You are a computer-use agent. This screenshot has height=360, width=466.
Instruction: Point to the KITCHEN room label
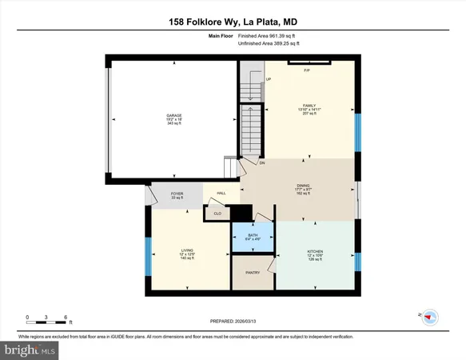(x=315, y=251)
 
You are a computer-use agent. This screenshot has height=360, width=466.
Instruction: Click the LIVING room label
(x=186, y=250)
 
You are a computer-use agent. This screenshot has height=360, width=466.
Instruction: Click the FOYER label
(x=177, y=194)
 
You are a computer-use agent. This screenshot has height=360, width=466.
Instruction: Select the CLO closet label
(x=216, y=213)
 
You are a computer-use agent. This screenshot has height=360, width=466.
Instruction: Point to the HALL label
(x=221, y=194)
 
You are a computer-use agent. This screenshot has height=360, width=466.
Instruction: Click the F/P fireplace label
(x=307, y=72)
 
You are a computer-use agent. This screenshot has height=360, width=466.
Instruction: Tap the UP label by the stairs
(x=269, y=79)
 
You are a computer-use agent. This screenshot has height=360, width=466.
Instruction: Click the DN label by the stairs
(x=261, y=163)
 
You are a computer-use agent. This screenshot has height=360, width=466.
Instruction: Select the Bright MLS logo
(x=30, y=349)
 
